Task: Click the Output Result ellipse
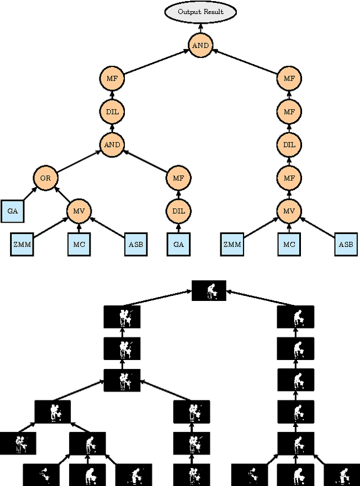coord(200,12)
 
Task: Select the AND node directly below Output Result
coord(200,46)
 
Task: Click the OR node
coord(46,178)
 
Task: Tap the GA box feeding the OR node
coord(12,211)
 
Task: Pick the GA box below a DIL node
coord(178,244)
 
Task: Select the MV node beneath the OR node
coord(79,211)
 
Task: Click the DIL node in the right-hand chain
coord(289,145)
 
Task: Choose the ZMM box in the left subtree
coord(22,244)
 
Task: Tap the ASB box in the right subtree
coord(345,244)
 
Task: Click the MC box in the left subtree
coord(79,244)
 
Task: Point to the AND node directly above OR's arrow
coord(112,145)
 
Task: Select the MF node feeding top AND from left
coord(112,79)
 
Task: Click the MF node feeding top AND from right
coord(289,79)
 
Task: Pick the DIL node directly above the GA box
coord(178,211)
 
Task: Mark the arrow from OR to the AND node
coord(79,161)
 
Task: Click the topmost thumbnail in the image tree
coord(209,290)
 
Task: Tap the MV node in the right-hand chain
coord(289,211)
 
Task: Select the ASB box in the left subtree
coord(135,244)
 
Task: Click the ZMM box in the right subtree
coord(232,244)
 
